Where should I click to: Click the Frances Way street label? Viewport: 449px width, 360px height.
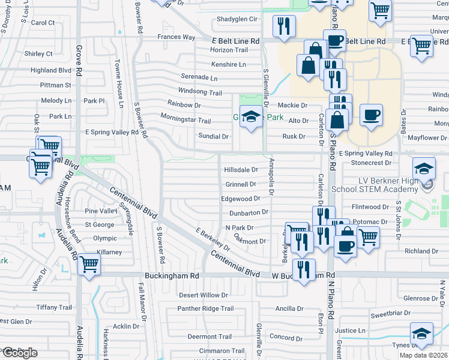176,37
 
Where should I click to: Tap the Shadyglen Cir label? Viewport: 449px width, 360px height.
237,19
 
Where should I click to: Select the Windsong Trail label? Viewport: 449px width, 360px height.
200,92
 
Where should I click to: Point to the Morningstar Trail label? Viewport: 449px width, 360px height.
185,116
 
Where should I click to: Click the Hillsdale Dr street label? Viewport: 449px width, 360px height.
241,170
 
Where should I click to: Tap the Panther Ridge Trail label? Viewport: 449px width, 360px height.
205,309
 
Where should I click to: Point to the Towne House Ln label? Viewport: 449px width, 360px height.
119,81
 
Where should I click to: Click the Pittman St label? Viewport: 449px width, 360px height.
56,85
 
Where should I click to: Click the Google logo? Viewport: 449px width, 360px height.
19,353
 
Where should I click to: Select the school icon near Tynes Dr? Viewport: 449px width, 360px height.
421,334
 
